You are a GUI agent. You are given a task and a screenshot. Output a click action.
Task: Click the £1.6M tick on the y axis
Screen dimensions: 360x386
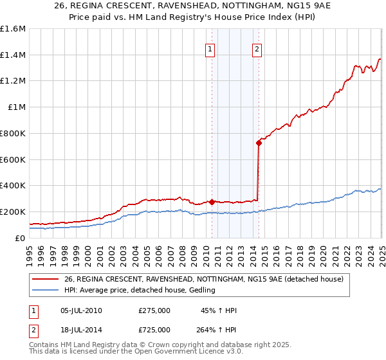click(x=12, y=29)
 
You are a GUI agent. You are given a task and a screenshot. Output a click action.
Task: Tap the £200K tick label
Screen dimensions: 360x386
click(x=12, y=212)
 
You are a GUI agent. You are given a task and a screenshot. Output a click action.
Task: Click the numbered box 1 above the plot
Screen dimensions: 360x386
click(x=210, y=50)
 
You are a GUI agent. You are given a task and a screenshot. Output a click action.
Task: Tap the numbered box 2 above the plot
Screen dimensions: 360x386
click(x=257, y=50)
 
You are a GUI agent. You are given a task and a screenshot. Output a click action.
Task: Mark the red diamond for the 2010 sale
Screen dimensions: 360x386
click(x=212, y=202)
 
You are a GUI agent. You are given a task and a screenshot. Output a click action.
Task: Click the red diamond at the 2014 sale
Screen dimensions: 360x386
click(x=259, y=143)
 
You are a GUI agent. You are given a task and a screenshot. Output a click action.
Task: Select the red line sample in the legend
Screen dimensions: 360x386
click(x=46, y=279)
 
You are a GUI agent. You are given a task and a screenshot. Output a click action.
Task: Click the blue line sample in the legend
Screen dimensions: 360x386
click(x=46, y=291)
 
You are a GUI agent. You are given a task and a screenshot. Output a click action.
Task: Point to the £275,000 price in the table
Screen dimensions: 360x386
click(x=154, y=310)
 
